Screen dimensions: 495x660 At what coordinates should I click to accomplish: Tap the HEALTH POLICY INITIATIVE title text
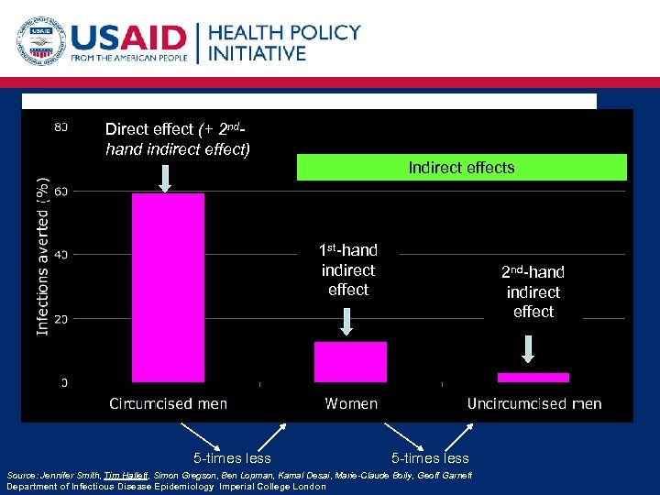pos(284,42)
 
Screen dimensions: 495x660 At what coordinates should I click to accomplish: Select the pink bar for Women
pos(350,362)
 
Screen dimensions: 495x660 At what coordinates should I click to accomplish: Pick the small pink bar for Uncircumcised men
pos(533,377)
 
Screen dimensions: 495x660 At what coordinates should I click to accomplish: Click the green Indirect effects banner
pos(461,167)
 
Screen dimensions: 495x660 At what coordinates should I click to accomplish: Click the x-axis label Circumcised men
pos(168,403)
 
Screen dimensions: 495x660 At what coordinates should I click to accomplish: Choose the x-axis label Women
pos(351,403)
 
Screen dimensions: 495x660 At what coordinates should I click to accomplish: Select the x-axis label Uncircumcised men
pos(534,403)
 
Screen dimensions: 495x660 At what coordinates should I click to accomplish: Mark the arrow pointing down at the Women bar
pos(347,321)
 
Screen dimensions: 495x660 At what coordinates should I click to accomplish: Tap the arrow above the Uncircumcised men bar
pos(529,348)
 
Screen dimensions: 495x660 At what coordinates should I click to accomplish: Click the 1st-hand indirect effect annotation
pos(348,269)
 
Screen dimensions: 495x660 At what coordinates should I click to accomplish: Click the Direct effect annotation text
pos(178,138)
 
